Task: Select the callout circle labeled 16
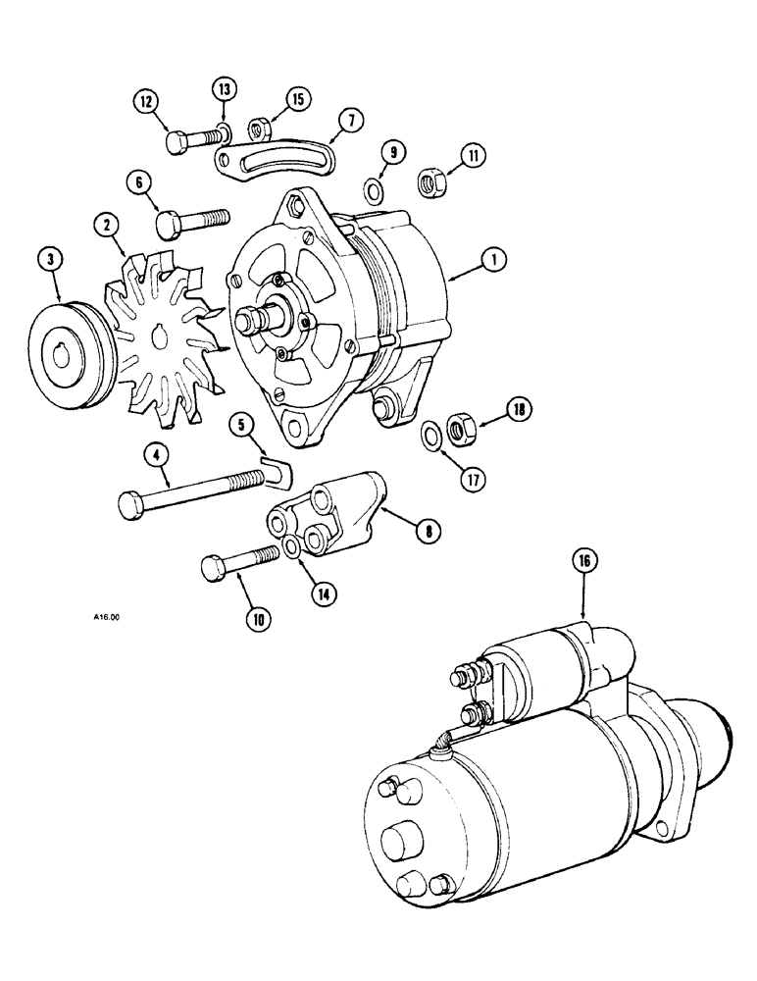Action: pyautogui.click(x=584, y=563)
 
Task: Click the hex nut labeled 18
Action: pyautogui.click(x=457, y=429)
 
